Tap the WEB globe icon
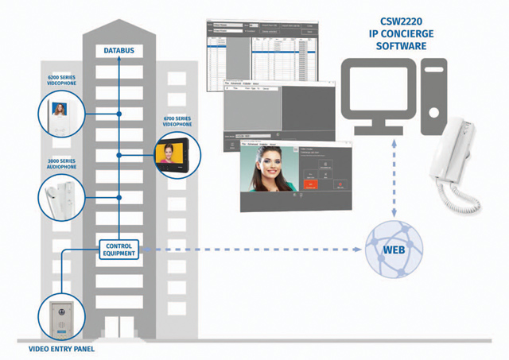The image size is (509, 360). [x=392, y=250]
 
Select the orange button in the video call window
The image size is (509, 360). [x=311, y=184]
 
